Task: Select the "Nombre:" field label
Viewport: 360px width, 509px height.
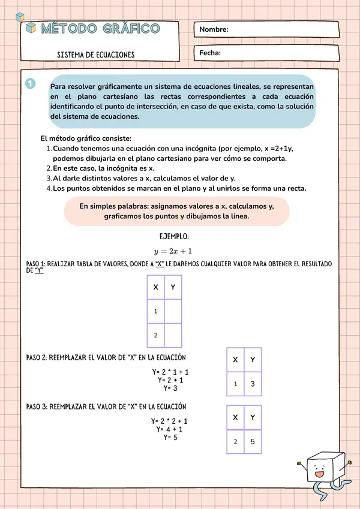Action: pyautogui.click(x=214, y=29)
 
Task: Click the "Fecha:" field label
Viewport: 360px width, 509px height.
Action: pyautogui.click(x=210, y=53)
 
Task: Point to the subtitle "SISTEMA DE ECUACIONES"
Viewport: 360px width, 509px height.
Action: pyautogui.click(x=95, y=55)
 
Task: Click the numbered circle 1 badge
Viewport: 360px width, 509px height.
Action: pyautogui.click(x=31, y=84)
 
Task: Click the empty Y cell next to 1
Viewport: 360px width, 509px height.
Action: pyautogui.click(x=173, y=311)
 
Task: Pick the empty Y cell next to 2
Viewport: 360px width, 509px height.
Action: pyautogui.click(x=173, y=335)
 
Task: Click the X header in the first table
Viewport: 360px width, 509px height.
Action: pyautogui.click(x=155, y=287)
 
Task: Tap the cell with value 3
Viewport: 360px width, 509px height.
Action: pyautogui.click(x=253, y=384)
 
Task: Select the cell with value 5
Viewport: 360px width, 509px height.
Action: pyautogui.click(x=253, y=441)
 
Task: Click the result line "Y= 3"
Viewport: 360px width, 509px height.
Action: pyautogui.click(x=171, y=388)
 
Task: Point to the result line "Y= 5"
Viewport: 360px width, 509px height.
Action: pyautogui.click(x=171, y=438)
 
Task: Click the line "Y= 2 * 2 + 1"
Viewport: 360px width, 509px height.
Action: pyautogui.click(x=170, y=421)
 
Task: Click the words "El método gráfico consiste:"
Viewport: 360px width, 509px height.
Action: pyautogui.click(x=82, y=138)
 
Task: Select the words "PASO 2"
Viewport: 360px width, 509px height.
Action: pyautogui.click(x=39, y=357)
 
